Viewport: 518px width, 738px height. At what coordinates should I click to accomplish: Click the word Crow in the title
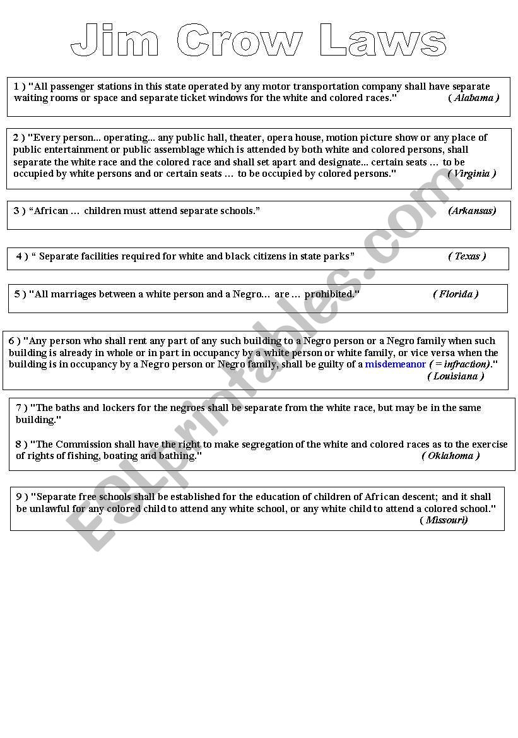240,42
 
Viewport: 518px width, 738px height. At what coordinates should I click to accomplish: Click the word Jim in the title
114,42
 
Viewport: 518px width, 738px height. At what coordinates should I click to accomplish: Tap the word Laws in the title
383,42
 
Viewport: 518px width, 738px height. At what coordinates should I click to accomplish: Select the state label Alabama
474,98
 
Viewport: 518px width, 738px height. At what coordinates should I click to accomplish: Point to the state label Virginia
472,174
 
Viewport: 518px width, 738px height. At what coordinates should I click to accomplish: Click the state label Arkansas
472,211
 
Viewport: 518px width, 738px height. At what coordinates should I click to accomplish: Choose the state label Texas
467,256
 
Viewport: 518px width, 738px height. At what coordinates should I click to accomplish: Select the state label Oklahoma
450,456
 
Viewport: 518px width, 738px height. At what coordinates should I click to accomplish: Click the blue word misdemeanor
396,365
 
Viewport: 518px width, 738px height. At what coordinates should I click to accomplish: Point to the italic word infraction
465,365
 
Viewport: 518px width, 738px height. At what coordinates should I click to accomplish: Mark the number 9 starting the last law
19,497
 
